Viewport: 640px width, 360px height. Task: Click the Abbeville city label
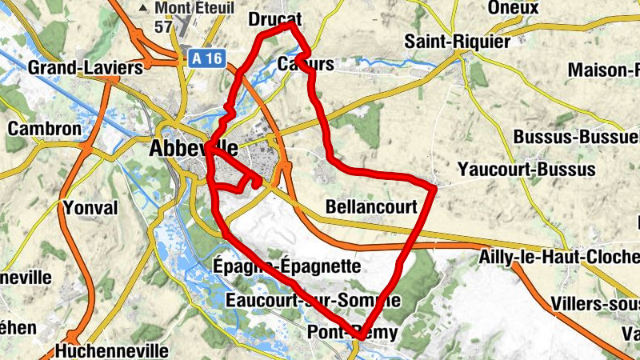194,148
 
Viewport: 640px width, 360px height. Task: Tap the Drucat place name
268,18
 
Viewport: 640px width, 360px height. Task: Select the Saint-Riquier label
456,41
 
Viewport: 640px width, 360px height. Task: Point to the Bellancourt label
372,207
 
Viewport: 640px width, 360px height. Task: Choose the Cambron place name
44,128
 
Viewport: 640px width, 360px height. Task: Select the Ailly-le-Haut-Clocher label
560,258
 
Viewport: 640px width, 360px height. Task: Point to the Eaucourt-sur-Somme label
313,301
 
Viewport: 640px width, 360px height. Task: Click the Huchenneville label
112,350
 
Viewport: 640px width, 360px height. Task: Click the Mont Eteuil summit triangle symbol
144,8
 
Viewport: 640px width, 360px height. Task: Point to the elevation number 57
164,26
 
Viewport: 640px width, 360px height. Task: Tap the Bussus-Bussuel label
576,136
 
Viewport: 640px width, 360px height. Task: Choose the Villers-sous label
595,304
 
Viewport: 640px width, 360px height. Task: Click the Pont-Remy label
352,331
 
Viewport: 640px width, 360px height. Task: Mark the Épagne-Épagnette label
287,265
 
